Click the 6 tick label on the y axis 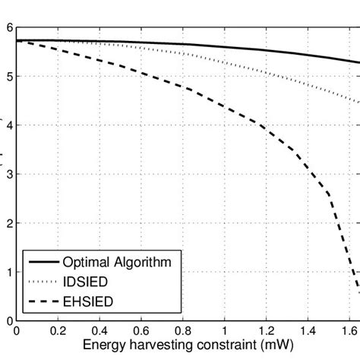click(x=9, y=27)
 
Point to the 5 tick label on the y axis click(x=9, y=77)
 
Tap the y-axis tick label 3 click(x=9, y=175)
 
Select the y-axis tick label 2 click(x=9, y=223)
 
